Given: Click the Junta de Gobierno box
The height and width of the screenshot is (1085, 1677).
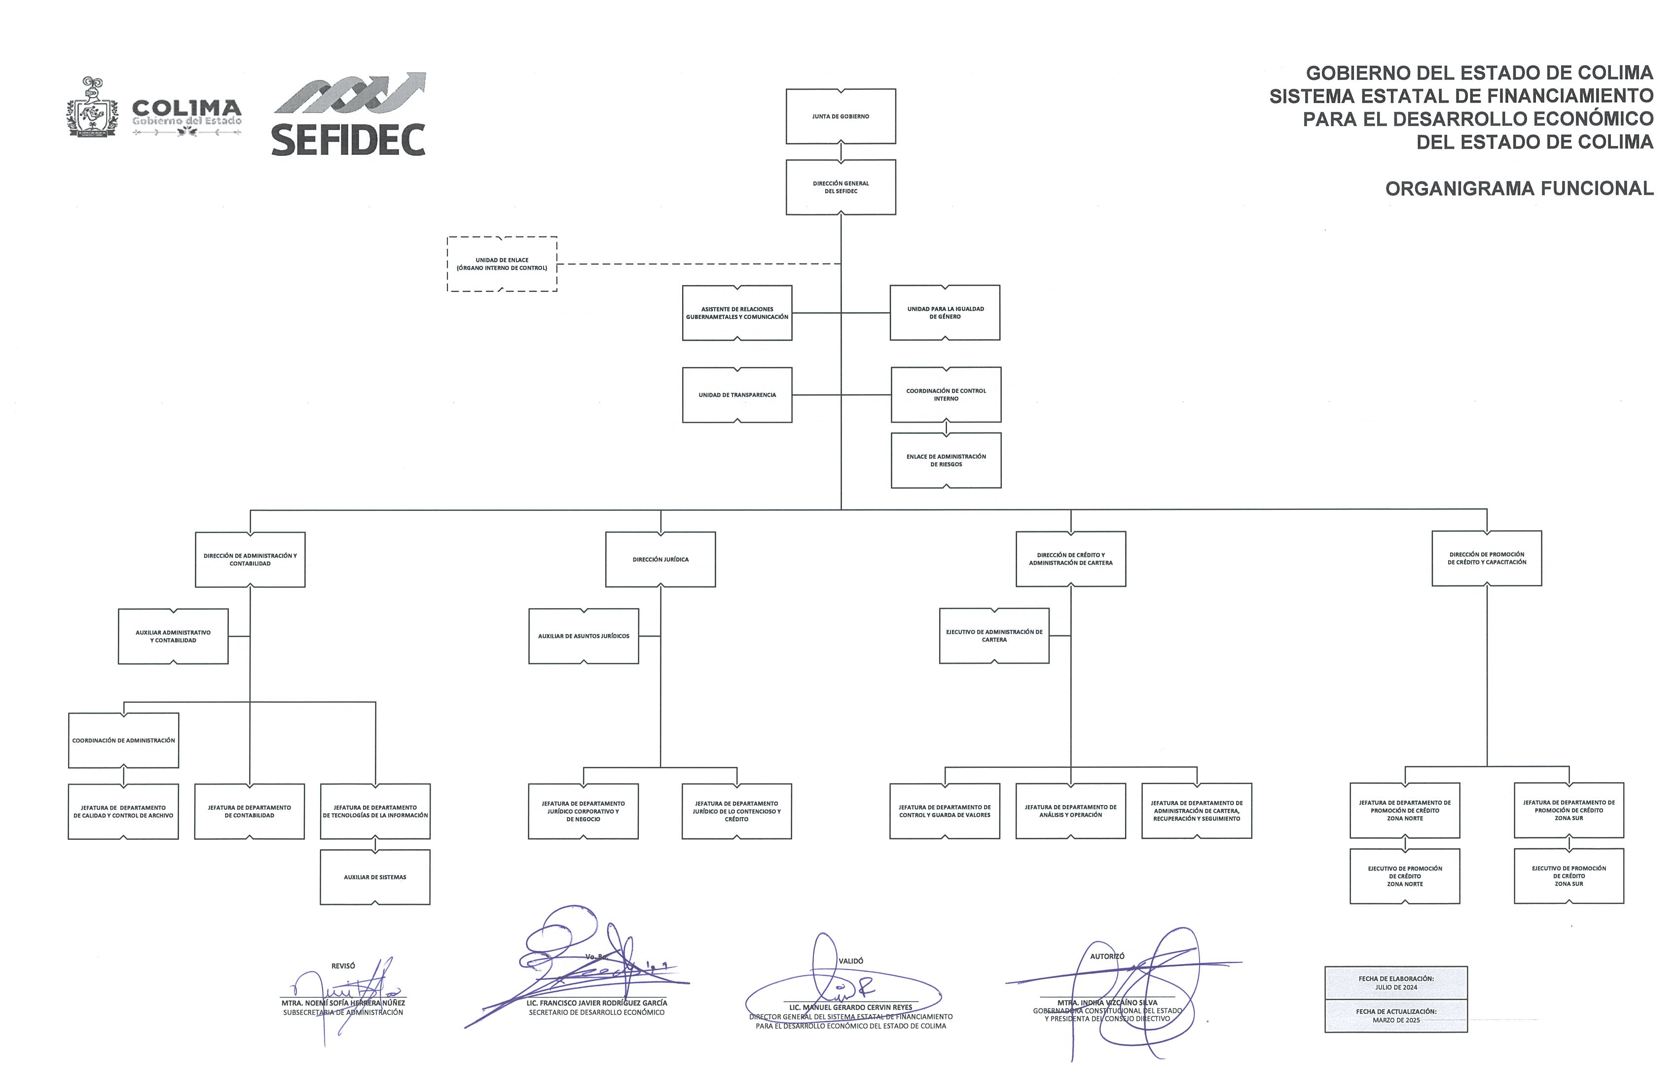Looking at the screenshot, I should [x=840, y=116].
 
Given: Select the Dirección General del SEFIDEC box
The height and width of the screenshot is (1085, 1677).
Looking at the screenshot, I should [x=840, y=187].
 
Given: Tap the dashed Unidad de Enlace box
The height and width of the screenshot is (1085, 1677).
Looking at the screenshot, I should [x=502, y=264].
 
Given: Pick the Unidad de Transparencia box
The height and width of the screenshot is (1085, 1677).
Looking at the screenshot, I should [x=737, y=395].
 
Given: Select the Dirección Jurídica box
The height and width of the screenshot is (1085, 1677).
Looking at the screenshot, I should [x=660, y=559].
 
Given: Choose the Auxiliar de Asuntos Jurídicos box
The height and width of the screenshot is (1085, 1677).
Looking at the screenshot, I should [x=583, y=636].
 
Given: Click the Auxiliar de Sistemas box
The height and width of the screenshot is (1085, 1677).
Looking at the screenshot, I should [x=375, y=877].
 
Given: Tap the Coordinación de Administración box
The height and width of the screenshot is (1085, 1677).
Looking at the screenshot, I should [x=123, y=740].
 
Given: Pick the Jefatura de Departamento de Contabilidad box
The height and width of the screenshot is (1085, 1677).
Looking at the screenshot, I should [x=250, y=812].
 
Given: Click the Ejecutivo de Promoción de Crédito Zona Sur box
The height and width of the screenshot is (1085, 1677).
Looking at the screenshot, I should [x=1568, y=876].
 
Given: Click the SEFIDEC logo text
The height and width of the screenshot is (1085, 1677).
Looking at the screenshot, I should [x=348, y=140].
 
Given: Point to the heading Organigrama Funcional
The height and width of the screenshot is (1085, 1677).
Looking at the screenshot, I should [x=1519, y=189].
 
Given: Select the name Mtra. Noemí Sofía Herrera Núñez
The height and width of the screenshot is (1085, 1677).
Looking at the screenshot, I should [x=343, y=1003].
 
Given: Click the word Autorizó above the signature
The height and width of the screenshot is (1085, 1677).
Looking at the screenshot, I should [x=1107, y=956].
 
